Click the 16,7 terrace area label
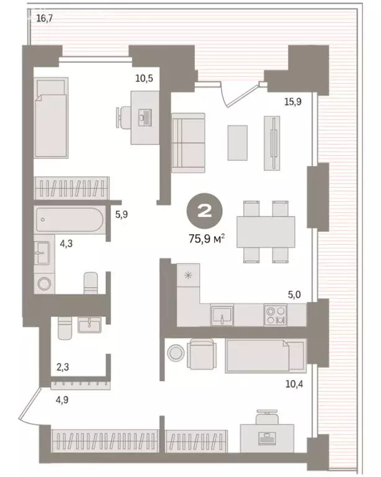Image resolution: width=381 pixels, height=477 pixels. coord(45,19)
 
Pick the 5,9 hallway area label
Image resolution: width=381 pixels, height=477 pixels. coord(122,217)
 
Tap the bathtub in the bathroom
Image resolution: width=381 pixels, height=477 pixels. coord(68,219)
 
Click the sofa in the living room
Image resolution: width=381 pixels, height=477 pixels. coord(188,143)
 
